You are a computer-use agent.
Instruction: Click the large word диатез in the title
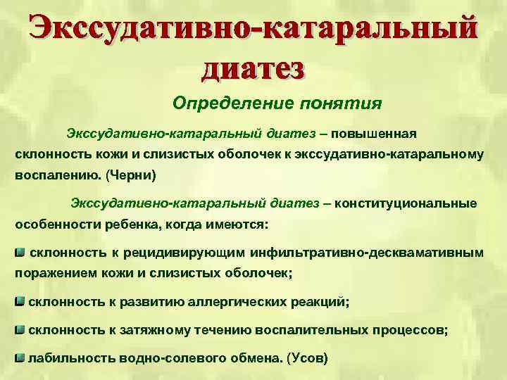click(x=254, y=69)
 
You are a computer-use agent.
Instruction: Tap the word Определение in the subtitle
click(x=225, y=104)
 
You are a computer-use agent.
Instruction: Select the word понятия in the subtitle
click(x=341, y=104)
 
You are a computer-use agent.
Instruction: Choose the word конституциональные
click(x=406, y=203)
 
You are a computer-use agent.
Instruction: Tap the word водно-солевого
click(x=160, y=357)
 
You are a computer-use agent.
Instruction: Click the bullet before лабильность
click(x=20, y=357)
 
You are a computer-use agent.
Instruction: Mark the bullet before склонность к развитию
click(x=20, y=301)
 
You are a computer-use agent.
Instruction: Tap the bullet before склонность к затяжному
click(x=20, y=329)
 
